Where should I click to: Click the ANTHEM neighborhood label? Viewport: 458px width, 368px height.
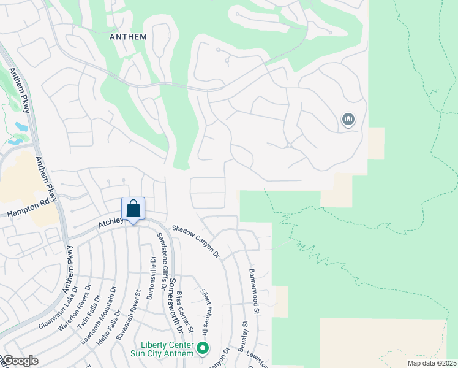[x=128, y=37]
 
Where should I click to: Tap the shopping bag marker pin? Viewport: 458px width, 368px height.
[x=133, y=210]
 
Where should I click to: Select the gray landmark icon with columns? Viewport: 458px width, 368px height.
[x=348, y=119]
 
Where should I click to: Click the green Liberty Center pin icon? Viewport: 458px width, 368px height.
[x=202, y=350]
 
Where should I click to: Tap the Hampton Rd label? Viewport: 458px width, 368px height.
[x=28, y=209]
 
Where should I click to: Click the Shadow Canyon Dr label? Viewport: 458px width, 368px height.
[x=195, y=240]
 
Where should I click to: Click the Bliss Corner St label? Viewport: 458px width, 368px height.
[x=185, y=313]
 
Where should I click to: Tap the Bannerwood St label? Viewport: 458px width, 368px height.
[x=254, y=291]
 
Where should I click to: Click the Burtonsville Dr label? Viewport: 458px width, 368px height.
[x=150, y=278]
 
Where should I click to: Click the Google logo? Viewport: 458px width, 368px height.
[x=20, y=361]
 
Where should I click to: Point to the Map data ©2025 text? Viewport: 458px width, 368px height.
[x=431, y=362]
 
